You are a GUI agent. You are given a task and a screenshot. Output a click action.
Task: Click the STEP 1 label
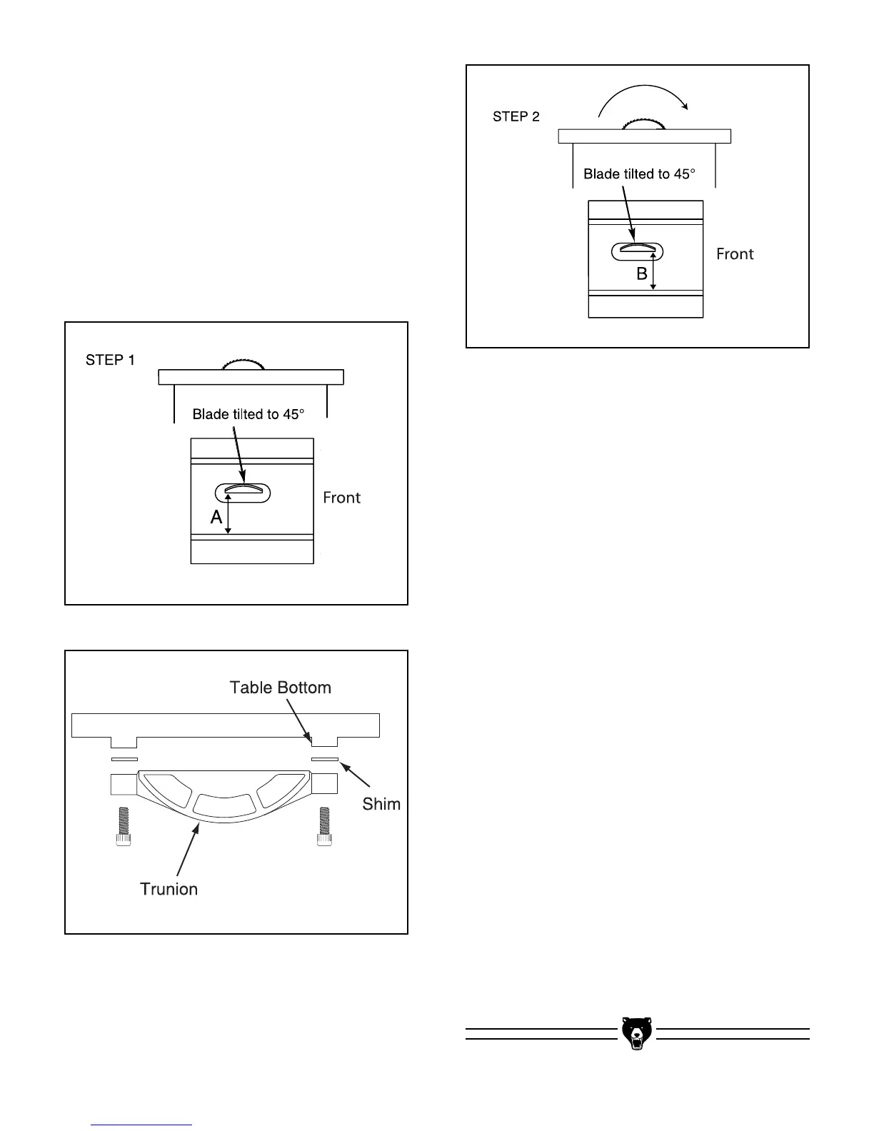point(110,361)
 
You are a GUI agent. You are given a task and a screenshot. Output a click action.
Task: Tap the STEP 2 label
point(516,116)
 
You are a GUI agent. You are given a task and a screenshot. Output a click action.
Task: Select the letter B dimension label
point(642,274)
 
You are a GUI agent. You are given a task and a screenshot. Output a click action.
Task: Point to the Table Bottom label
point(280,688)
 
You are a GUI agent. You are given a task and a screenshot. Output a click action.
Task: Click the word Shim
point(381,804)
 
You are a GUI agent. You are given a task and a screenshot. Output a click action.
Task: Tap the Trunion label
point(169,889)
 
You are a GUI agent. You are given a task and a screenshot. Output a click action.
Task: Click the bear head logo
point(636,1032)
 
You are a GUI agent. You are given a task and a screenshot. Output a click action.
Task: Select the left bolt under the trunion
point(124,827)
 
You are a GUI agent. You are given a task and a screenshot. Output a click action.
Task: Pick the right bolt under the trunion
point(325,827)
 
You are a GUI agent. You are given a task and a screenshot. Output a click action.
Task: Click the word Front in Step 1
point(341,498)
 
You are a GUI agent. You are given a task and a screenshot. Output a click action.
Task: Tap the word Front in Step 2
point(735,254)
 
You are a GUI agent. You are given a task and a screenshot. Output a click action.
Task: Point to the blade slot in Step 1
point(243,493)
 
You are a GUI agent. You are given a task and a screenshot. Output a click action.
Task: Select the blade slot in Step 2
point(638,251)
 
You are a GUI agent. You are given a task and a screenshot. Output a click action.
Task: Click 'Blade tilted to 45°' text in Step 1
point(248,414)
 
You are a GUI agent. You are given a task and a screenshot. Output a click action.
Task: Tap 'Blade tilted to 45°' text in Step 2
point(639,174)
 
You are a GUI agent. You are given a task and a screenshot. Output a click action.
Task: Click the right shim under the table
point(324,760)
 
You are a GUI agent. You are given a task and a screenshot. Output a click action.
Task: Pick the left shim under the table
point(124,760)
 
